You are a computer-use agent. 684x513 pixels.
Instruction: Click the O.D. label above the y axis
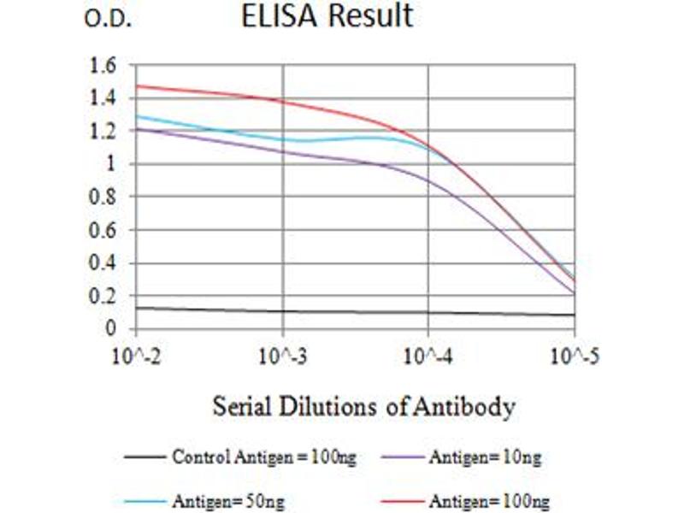tap(108, 20)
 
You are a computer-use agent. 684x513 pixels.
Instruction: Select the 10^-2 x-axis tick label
tap(135, 352)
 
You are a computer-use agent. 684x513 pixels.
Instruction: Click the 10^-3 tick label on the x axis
tap(282, 352)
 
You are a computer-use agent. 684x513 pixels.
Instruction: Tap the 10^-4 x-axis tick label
tap(428, 352)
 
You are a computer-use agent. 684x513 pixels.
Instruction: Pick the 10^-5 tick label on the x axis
tap(574, 352)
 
